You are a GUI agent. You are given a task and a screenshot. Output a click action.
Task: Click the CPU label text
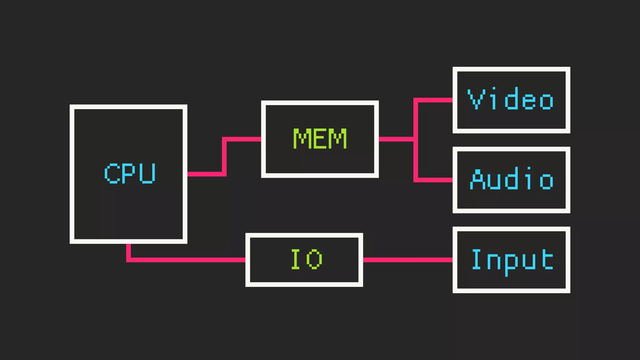point(130,173)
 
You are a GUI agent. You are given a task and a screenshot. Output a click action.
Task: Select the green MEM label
point(320,138)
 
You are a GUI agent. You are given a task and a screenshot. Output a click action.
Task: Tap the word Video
point(511,99)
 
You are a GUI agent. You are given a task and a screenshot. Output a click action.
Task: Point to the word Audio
point(512,179)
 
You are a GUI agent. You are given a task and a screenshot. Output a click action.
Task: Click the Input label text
point(512,260)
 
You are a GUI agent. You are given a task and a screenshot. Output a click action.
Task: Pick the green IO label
point(306,259)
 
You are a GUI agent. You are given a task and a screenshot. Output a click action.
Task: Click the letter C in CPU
point(112,173)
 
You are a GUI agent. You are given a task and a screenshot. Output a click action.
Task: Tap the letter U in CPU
point(147,173)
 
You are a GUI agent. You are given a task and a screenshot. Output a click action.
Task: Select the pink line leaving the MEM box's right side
point(395,139)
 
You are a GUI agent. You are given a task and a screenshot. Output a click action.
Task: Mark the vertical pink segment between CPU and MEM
point(224,156)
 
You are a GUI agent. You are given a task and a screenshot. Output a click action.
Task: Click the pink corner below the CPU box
point(128,259)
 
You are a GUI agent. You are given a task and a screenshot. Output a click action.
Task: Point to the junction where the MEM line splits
point(416,139)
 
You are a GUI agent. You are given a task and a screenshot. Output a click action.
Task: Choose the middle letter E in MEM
point(320,138)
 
